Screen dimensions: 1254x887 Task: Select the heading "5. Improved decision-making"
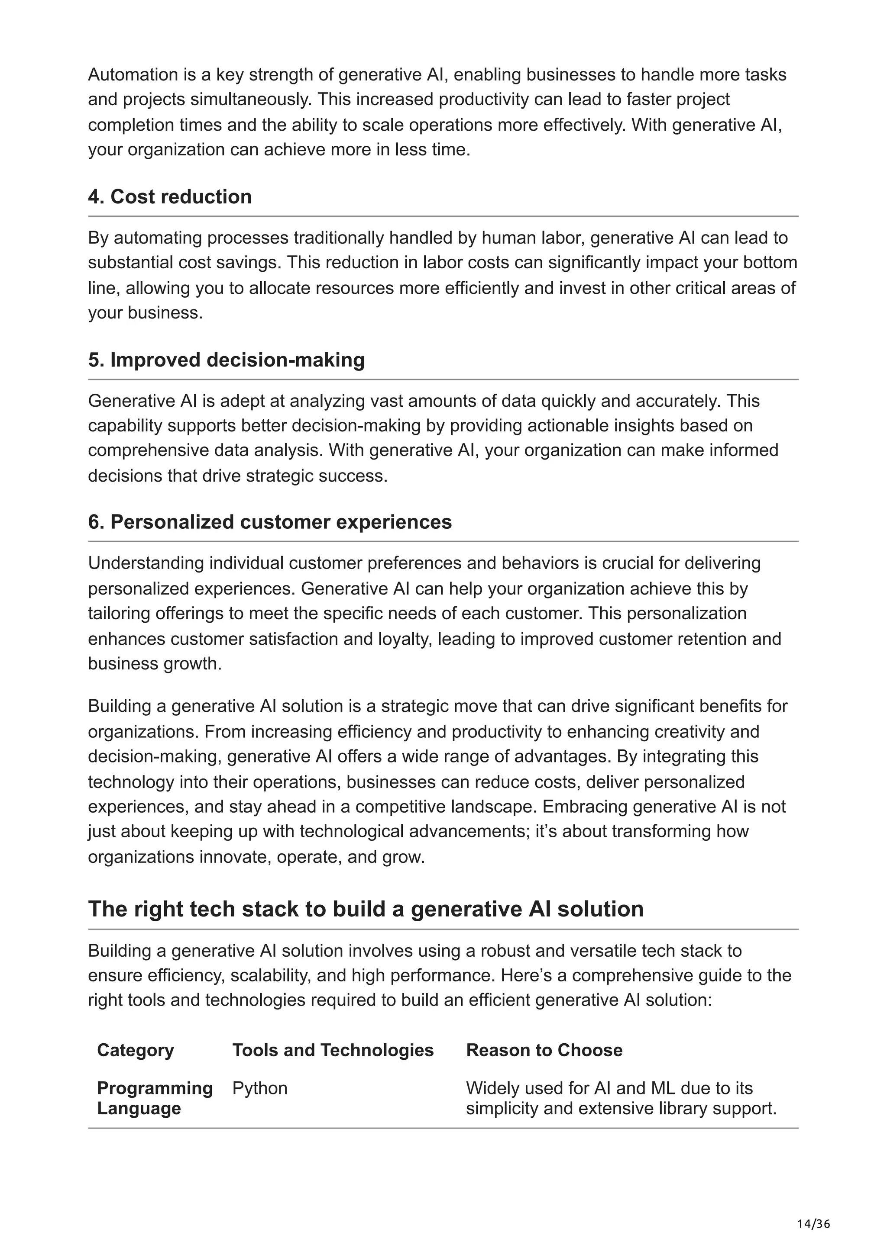[x=226, y=360]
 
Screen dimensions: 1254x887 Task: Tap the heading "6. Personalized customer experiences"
[x=270, y=522]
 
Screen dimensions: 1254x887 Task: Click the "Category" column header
[x=136, y=1050]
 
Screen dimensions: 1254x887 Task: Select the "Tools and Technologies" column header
[x=333, y=1050]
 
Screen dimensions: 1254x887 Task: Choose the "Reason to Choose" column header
[x=544, y=1050]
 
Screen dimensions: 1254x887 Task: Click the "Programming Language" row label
[x=155, y=1098]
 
